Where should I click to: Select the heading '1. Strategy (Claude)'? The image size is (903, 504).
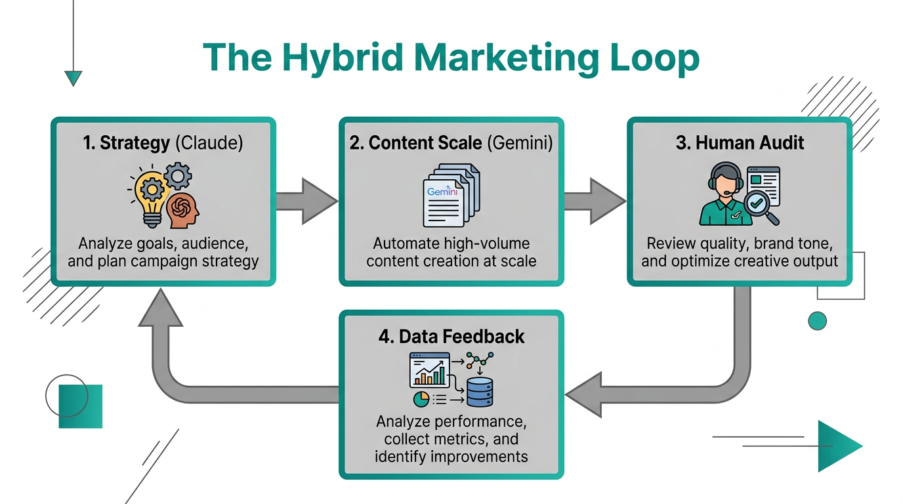click(x=163, y=144)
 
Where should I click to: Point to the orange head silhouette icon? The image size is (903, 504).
click(x=182, y=211)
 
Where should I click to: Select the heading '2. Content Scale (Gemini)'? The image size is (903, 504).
click(x=451, y=144)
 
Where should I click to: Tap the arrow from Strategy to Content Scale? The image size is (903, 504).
click(x=306, y=201)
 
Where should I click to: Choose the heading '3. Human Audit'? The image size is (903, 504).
click(x=740, y=144)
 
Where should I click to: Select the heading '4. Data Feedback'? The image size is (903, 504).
click(x=451, y=337)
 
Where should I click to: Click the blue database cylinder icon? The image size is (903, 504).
click(x=479, y=392)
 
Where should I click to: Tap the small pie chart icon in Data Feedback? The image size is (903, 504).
click(x=419, y=398)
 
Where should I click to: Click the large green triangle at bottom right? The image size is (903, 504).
click(x=837, y=446)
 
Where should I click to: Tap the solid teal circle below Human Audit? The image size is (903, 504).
click(x=817, y=320)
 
